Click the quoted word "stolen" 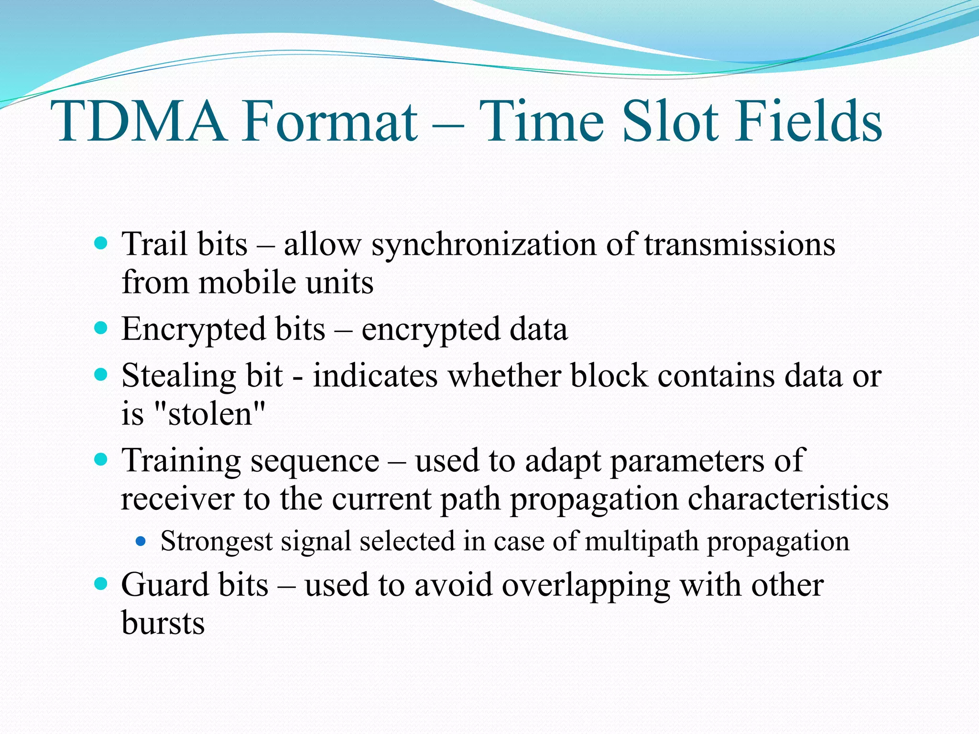tap(210, 414)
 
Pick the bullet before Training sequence tap(101, 460)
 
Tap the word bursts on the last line tap(163, 623)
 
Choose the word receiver tap(177, 499)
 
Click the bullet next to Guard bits tap(101, 583)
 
